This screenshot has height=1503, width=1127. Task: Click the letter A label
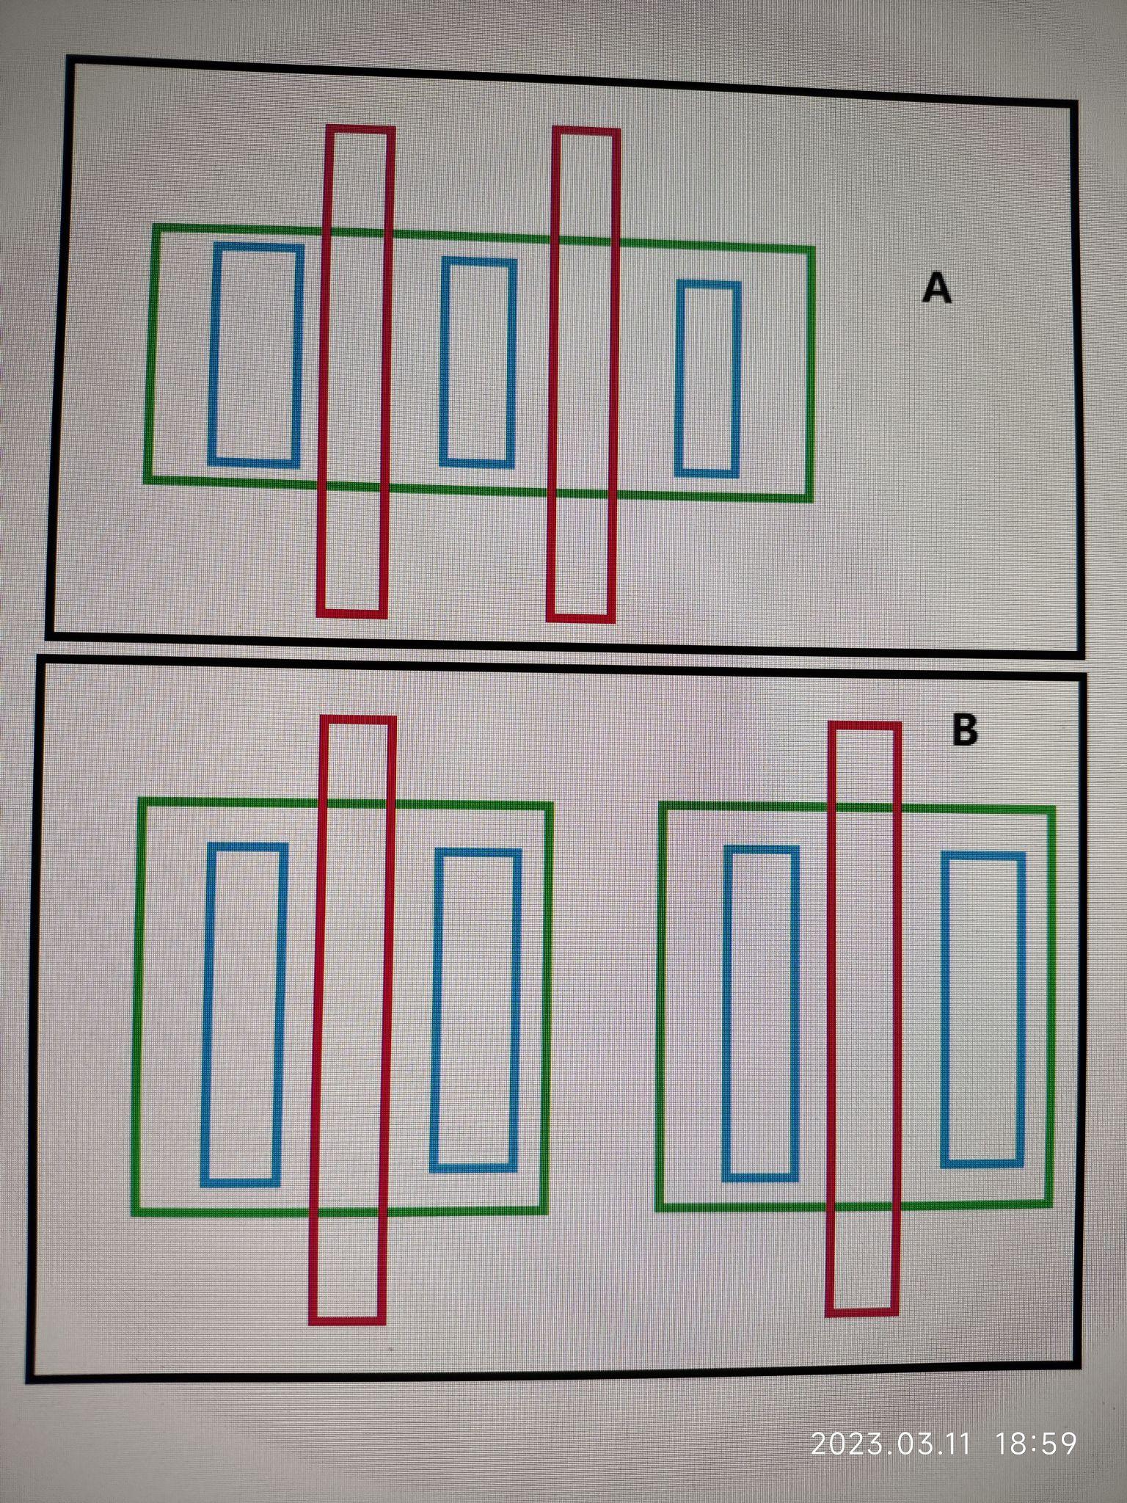[936, 288]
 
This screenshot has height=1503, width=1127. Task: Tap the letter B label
[964, 730]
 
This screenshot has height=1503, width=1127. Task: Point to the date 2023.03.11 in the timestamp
[891, 1444]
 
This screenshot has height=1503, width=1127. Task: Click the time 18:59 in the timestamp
[1036, 1444]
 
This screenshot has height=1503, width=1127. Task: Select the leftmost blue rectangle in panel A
[212, 355]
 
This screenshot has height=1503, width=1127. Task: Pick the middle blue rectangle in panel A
[444, 361]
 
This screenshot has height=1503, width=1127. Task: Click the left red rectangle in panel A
[321, 371]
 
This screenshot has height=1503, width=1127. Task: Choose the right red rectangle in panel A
[550, 374]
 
